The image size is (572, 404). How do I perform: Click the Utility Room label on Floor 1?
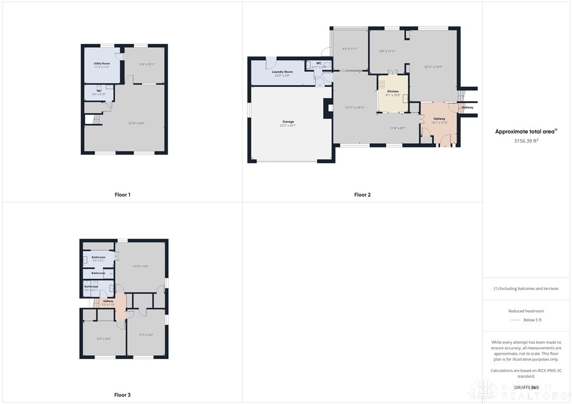coord(101,63)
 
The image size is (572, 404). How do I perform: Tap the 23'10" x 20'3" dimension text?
coord(136,123)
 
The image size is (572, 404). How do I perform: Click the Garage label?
coord(288,121)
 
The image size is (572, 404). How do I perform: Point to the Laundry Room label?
coord(282,72)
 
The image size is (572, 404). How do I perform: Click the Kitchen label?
coord(393,91)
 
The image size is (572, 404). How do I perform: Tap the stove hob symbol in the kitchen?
coord(382,85)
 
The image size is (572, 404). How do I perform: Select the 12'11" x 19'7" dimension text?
coord(433,67)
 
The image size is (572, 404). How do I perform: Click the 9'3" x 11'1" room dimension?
coord(349,49)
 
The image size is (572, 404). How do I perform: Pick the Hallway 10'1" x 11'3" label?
coord(439,120)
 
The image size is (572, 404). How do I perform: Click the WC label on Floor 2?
coord(319,63)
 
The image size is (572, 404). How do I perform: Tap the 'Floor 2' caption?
coord(362,195)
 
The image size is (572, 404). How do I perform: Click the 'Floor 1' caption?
coord(122,195)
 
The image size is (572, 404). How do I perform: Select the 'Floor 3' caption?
coord(122,395)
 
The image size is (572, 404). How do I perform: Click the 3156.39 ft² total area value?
coord(526,140)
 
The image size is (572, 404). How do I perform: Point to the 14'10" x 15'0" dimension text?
coord(141,266)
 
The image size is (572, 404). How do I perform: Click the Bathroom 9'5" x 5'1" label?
coord(98,259)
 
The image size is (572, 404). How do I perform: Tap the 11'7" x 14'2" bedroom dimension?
coord(146,335)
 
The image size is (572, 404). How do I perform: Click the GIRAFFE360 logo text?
coord(526,387)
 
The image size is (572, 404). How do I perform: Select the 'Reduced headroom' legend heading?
coord(526,311)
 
